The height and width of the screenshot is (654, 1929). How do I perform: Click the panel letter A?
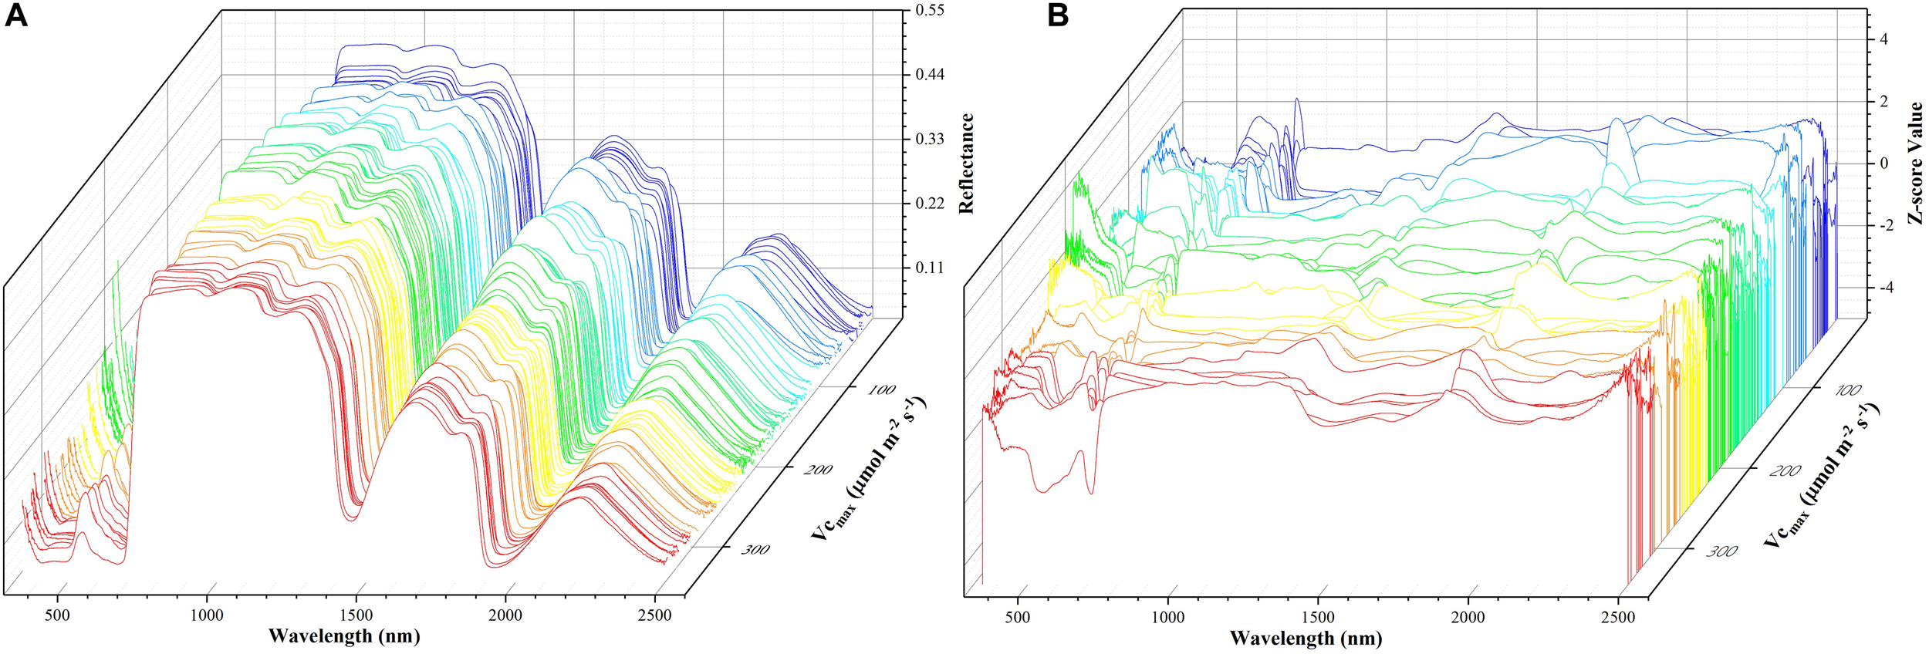coord(15,15)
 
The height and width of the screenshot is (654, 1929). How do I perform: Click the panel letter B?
coord(1058,15)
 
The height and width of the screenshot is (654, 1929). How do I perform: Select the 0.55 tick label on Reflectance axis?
coord(929,11)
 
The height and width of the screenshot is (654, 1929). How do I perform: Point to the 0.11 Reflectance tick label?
coord(929,268)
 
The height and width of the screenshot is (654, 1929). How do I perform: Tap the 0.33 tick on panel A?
coord(929,140)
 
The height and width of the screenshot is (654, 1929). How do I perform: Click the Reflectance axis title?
coord(966,164)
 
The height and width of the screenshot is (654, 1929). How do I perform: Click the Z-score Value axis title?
coord(1914,163)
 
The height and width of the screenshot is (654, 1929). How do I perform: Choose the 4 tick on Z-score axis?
coord(1883,39)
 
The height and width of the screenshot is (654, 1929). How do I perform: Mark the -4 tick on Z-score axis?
coord(1881,288)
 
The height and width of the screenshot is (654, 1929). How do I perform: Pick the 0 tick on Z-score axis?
coord(1883,163)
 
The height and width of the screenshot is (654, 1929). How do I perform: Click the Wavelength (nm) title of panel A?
coord(344,636)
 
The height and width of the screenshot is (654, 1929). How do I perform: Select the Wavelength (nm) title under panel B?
coord(1306,639)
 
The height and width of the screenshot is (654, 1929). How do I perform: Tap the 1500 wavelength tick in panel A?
coord(356,615)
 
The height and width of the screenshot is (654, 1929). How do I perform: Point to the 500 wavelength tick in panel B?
coord(1018,617)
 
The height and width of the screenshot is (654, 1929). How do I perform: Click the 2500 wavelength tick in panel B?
coord(1617,617)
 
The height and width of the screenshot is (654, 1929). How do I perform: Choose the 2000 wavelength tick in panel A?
coord(505,615)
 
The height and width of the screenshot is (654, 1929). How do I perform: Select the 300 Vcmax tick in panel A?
coord(755,549)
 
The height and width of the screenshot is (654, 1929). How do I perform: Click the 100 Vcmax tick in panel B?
coord(1847,391)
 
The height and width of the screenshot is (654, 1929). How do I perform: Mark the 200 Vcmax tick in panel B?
coord(1785,470)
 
